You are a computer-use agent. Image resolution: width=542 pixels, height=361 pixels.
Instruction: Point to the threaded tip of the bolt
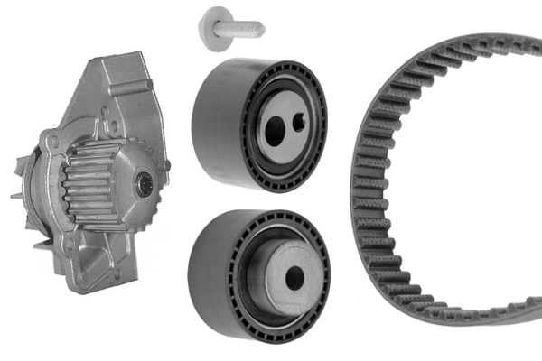(257, 29)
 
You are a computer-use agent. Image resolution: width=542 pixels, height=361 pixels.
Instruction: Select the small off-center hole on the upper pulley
(298, 124)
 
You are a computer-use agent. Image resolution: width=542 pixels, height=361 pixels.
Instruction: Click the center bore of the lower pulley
(295, 279)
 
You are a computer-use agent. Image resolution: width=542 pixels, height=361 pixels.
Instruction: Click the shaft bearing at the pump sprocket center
(143, 186)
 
